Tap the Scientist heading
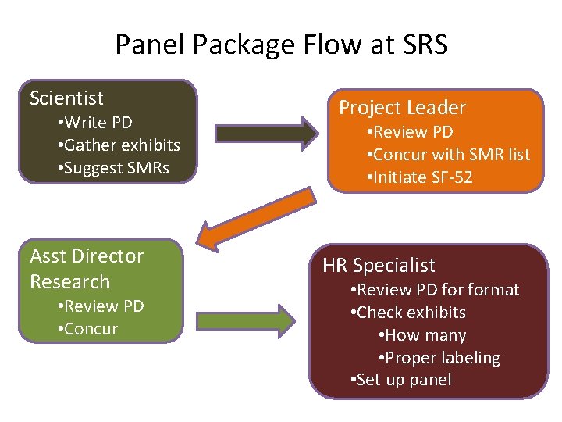(x=66, y=98)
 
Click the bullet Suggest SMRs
(x=113, y=168)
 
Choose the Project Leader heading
(x=402, y=108)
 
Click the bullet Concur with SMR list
(x=448, y=155)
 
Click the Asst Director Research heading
(x=86, y=269)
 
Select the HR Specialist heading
(x=379, y=266)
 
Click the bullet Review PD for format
(x=435, y=290)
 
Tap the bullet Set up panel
(x=401, y=381)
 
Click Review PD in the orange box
(x=409, y=132)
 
